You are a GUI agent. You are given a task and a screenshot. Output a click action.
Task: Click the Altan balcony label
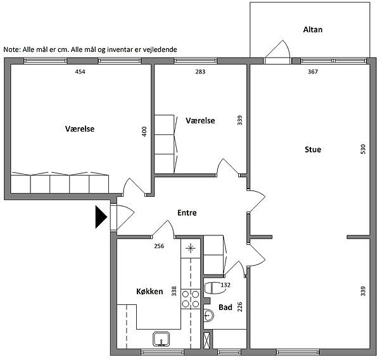[x=313, y=30]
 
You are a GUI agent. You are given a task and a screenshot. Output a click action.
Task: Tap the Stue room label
[x=313, y=149]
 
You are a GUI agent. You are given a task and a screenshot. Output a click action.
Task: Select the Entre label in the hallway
[x=187, y=213]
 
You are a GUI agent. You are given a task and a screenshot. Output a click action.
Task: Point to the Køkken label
[x=149, y=291]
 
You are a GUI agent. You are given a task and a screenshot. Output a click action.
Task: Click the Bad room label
[x=225, y=307]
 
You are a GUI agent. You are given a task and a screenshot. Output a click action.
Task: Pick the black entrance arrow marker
[x=101, y=217]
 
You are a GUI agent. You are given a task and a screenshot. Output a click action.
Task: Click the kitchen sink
[x=161, y=339]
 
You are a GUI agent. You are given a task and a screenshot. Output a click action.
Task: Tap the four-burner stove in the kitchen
[x=191, y=299]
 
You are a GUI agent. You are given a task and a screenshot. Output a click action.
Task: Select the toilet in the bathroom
[x=213, y=288]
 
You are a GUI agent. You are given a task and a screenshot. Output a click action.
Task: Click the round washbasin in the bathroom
[x=208, y=316]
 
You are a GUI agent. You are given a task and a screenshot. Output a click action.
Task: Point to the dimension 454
[x=80, y=71]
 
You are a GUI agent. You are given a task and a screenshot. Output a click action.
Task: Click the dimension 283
[x=200, y=71]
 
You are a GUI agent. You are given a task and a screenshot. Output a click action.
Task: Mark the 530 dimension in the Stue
[x=363, y=149]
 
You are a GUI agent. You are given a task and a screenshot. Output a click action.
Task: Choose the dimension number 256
[x=159, y=246]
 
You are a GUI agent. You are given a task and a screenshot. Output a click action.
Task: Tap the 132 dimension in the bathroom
[x=225, y=285]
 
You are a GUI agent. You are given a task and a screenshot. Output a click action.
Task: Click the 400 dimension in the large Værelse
[x=144, y=132]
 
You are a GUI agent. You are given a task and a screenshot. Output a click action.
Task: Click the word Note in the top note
[x=11, y=49]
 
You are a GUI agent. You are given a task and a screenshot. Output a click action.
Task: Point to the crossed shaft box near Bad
[x=206, y=340]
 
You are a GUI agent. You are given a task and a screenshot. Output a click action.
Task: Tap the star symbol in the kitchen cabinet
[x=191, y=248]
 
